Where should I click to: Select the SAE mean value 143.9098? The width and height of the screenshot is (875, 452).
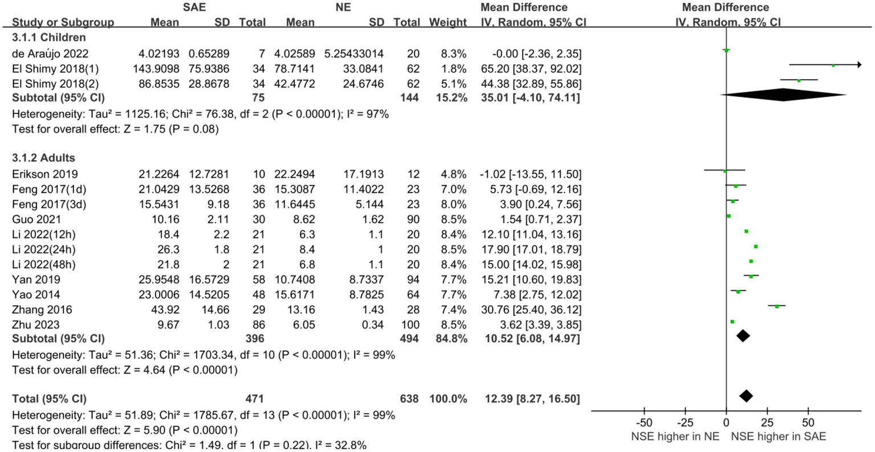(x=155, y=69)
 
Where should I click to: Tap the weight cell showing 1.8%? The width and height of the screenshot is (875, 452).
(x=454, y=69)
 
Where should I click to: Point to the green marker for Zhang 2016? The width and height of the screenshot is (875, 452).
(x=777, y=306)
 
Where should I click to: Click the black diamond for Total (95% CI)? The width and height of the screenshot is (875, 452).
(x=746, y=396)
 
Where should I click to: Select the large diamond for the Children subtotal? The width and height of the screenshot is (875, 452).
(x=784, y=95)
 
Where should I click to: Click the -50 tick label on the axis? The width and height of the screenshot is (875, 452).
(x=644, y=424)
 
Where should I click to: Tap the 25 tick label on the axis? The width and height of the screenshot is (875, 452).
(x=767, y=424)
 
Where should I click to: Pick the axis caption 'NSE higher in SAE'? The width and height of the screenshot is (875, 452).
(x=779, y=437)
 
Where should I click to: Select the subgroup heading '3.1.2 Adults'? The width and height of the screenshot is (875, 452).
(x=43, y=158)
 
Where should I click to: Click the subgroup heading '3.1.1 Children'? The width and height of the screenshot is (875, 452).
(x=49, y=38)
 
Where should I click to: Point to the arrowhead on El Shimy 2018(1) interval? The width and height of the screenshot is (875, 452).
(x=858, y=65)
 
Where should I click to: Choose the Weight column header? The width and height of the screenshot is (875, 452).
(x=447, y=23)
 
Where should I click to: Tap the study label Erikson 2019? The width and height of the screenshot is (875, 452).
(x=45, y=174)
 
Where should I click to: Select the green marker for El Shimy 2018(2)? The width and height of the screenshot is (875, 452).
(x=799, y=80)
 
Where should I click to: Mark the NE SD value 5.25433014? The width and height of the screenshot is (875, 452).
(x=354, y=54)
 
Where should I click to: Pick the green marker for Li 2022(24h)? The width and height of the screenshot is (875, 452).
(x=756, y=246)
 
